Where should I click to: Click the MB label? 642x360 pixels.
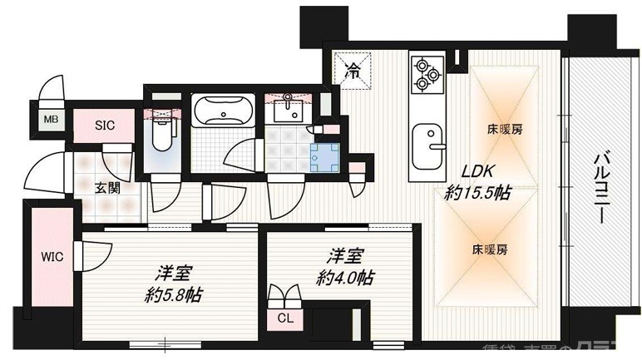(x=52, y=119)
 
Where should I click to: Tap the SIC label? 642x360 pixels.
(x=105, y=126)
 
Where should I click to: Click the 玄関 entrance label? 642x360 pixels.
(x=107, y=188)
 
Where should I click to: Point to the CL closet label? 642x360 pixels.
(x=284, y=317)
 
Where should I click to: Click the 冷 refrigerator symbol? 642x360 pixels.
(x=353, y=72)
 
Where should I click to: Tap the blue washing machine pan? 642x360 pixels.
(x=323, y=155)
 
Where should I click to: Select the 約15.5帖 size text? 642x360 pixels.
(x=477, y=194)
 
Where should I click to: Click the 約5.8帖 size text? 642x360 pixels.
(x=173, y=295)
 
